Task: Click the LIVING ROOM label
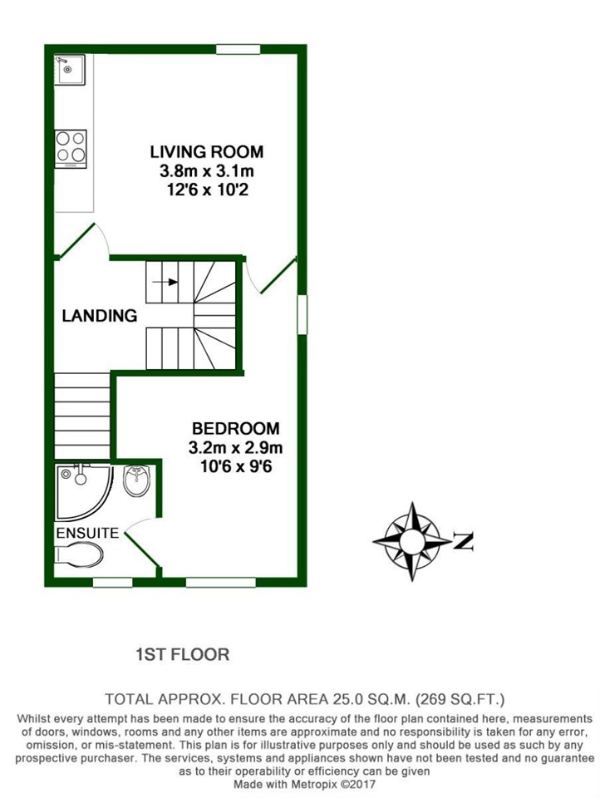click(206, 152)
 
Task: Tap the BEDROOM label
click(235, 429)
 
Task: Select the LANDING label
click(100, 316)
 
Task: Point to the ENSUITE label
click(86, 533)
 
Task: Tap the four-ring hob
click(70, 149)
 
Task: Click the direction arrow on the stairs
click(169, 282)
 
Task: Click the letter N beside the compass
click(464, 543)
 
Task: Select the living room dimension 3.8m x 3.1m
click(206, 171)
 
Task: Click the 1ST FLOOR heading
click(182, 655)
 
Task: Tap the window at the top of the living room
click(238, 50)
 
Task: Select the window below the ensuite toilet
click(112, 582)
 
